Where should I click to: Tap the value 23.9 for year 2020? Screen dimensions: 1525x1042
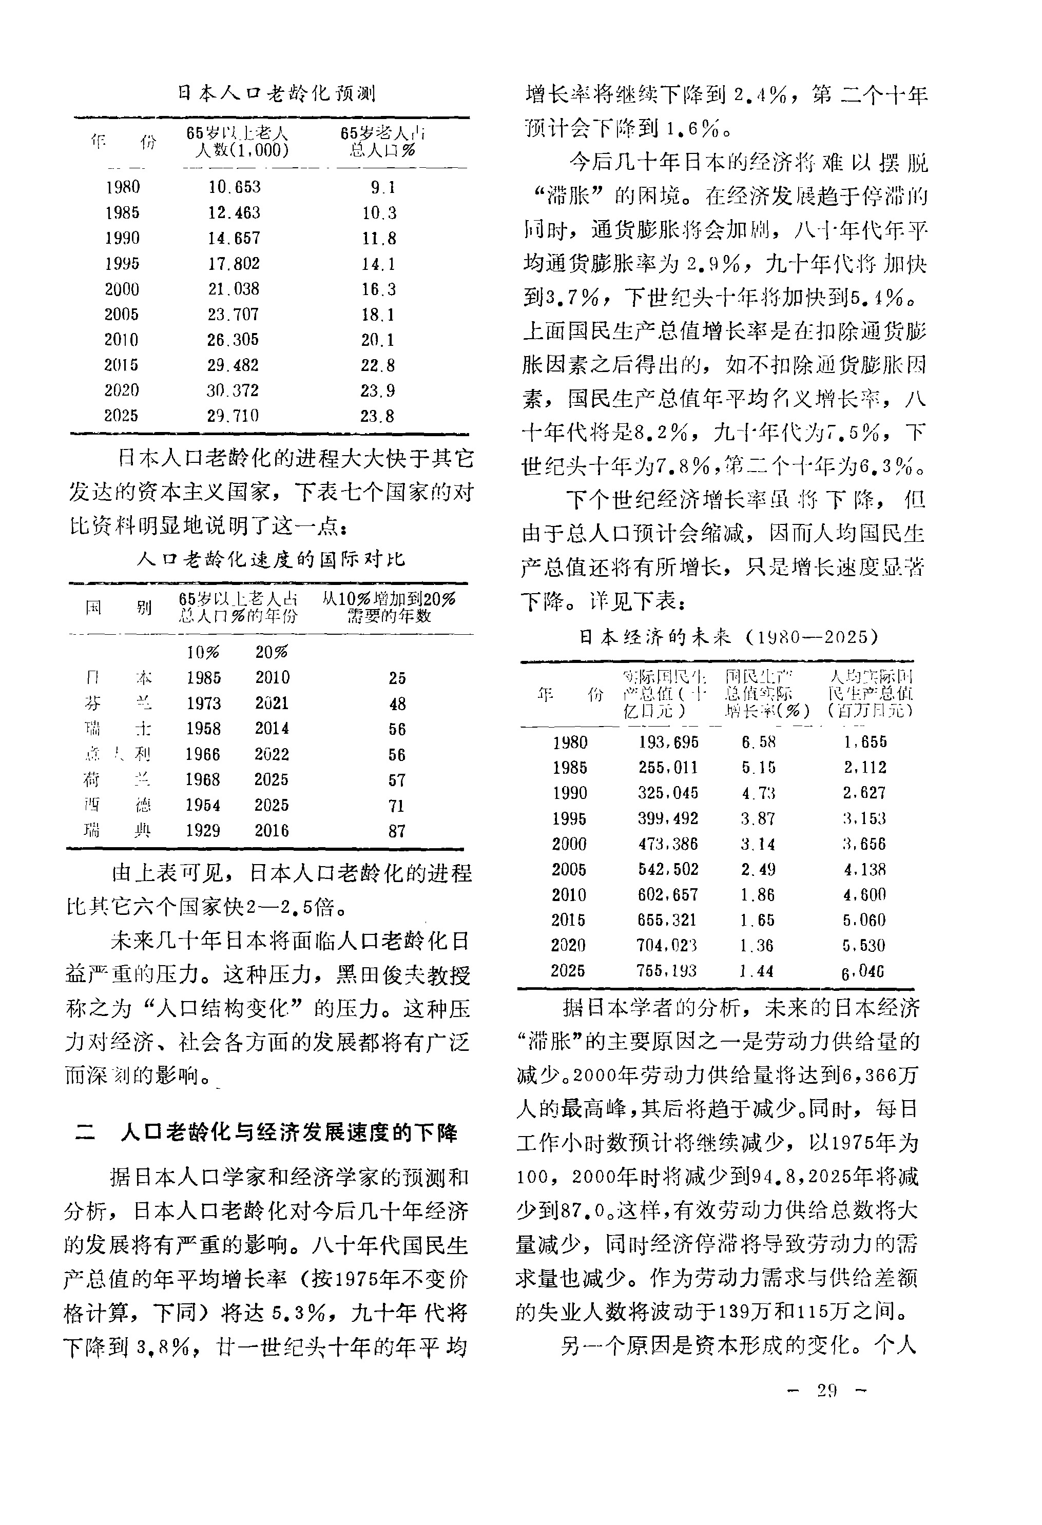pos(378,391)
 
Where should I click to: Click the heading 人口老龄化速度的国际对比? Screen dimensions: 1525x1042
pos(271,559)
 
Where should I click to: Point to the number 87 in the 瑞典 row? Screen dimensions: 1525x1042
pos(397,831)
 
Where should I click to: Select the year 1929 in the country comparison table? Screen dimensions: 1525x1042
pos(203,831)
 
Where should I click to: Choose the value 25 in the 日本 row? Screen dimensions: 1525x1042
pos(397,678)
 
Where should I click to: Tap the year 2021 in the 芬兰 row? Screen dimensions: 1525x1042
pos(272,703)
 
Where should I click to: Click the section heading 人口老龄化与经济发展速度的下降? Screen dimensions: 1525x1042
pos(289,1132)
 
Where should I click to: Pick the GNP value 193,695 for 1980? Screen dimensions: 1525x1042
pos(668,742)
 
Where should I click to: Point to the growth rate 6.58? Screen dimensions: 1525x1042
pos(758,742)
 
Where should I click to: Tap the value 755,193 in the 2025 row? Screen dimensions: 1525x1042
pos(666,970)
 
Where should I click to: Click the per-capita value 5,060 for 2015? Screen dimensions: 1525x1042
pos(864,920)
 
